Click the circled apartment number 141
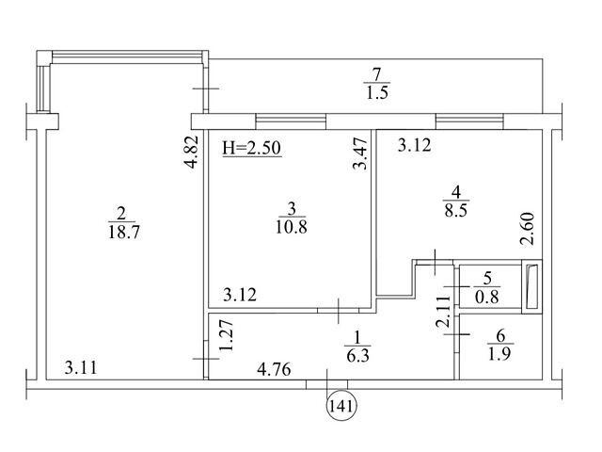[341, 406]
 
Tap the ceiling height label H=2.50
[252, 148]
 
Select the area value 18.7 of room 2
[124, 233]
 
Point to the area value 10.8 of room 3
[292, 227]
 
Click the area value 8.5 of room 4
[456, 210]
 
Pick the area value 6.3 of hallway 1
[357, 356]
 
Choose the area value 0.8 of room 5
[487, 297]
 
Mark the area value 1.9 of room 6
[499, 353]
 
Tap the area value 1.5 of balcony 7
[377, 92]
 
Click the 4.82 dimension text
[191, 152]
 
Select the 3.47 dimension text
[360, 154]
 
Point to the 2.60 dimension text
[528, 229]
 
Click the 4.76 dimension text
[274, 370]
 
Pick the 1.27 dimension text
[226, 335]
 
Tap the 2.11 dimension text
[443, 312]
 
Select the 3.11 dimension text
[81, 367]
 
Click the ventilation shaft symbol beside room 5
[532, 286]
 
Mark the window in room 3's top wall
[291, 121]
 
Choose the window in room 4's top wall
[469, 121]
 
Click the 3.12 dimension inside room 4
[414, 146]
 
